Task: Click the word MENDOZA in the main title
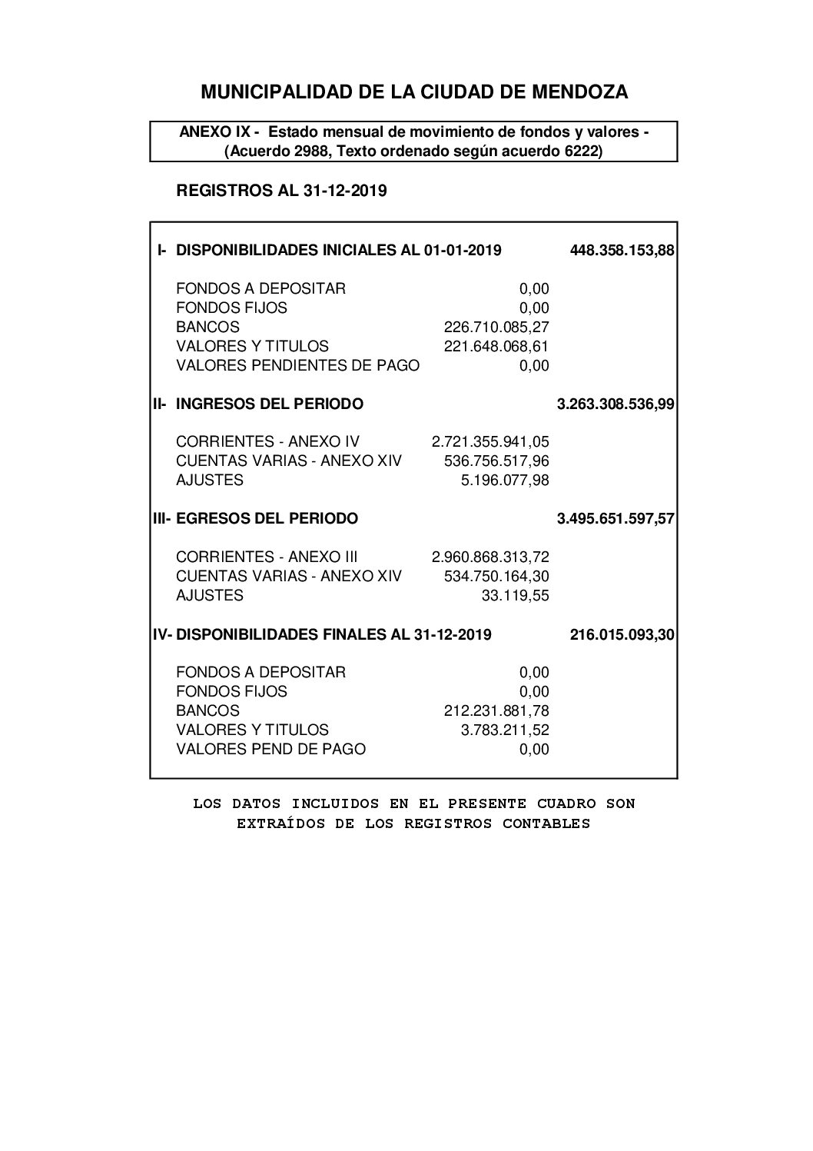click(x=582, y=92)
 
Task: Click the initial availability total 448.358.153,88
click(x=622, y=251)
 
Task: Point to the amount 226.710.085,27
click(x=496, y=327)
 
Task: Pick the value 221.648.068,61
click(x=496, y=346)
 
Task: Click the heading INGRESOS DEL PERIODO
click(x=270, y=404)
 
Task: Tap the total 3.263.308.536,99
click(x=616, y=404)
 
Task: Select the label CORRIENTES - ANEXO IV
click(x=267, y=442)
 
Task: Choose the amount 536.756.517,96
click(x=496, y=461)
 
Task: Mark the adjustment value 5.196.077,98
click(x=505, y=481)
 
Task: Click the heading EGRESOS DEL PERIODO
click(x=267, y=519)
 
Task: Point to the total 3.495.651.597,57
click(x=616, y=519)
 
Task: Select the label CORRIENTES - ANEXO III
click(x=267, y=557)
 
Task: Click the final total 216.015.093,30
click(x=622, y=635)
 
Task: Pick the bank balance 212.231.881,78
click(x=496, y=711)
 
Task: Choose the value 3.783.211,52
click(x=505, y=730)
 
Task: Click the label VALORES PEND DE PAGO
click(x=270, y=749)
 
